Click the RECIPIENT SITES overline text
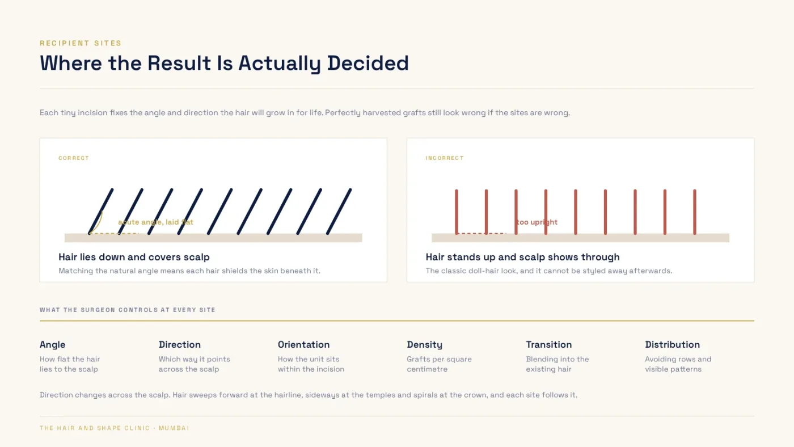81,43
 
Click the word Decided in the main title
368,63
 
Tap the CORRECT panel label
74,158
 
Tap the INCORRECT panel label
445,158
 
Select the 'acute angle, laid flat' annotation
155,222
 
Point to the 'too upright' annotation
537,222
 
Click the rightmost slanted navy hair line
339,212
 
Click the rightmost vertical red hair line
695,212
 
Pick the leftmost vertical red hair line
457,212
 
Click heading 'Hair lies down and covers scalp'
134,257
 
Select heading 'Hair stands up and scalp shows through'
522,257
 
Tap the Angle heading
52,344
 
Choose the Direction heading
180,344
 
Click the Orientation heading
304,344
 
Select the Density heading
425,344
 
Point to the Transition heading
549,344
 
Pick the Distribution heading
673,344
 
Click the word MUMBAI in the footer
174,428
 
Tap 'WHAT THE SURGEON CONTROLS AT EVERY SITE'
128,310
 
